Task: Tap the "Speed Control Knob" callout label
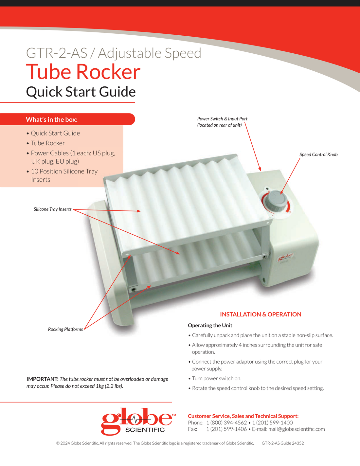click(x=318, y=154)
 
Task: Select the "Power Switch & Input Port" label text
click(x=222, y=118)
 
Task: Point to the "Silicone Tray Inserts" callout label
click(x=53, y=209)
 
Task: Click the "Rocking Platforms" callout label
click(x=65, y=329)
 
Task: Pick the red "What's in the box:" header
click(x=52, y=119)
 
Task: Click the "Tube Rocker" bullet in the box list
click(x=47, y=143)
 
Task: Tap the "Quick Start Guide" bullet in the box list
click(x=55, y=133)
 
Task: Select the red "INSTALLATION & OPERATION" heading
click(x=261, y=314)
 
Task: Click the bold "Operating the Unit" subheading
click(x=210, y=325)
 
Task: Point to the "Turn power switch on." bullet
click(x=217, y=379)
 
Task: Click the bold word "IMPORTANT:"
click(x=43, y=379)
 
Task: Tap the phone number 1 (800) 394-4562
click(x=226, y=423)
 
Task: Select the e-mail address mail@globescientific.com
click(x=297, y=429)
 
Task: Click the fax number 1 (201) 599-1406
click(x=226, y=429)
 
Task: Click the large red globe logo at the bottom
click(x=138, y=421)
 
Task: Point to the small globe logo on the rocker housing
click(x=286, y=257)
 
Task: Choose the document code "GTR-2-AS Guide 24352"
click(x=282, y=443)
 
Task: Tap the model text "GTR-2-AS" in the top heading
click(x=57, y=53)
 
